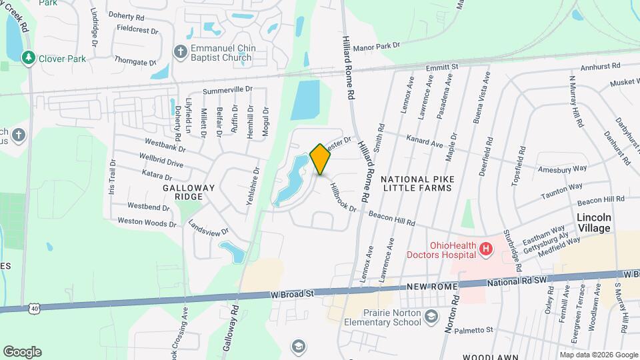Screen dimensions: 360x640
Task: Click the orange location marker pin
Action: [321, 159]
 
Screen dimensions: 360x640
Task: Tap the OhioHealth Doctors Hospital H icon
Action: [487, 249]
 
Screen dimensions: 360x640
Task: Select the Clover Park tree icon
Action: [28, 59]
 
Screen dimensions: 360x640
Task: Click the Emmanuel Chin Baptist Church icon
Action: [179, 52]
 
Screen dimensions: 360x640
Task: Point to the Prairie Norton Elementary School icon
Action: [431, 317]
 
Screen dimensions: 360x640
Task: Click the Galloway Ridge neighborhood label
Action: [189, 188]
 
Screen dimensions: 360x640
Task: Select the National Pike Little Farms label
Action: [416, 183]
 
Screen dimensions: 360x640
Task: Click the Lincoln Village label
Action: [593, 223]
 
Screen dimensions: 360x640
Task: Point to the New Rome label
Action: [433, 287]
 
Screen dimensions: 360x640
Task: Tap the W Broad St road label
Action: [291, 293]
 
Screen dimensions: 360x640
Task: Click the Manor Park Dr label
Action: [376, 46]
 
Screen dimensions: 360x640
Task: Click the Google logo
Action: [22, 352]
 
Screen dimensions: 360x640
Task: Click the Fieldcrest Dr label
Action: [136, 30]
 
